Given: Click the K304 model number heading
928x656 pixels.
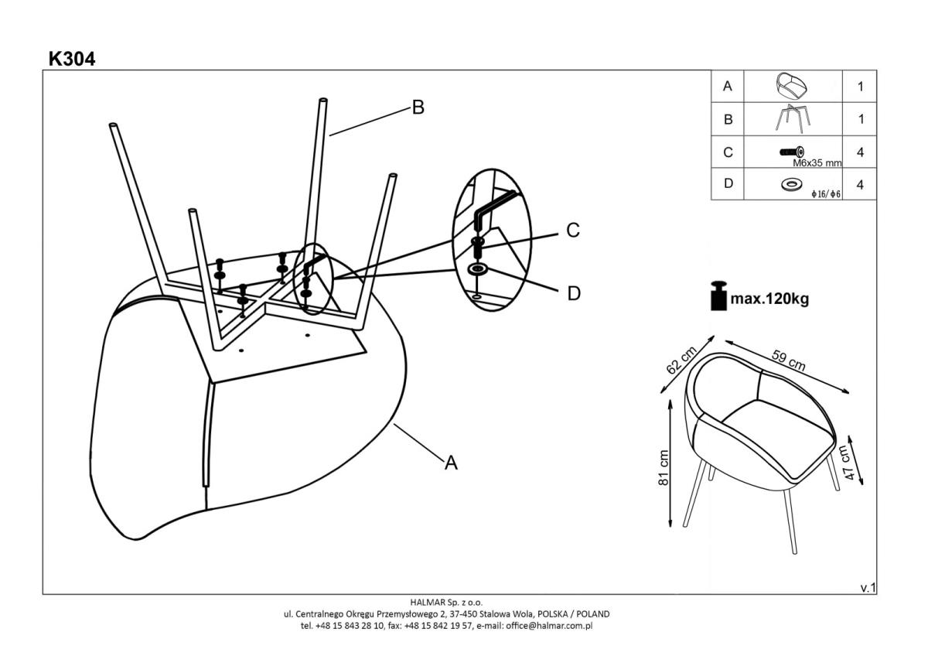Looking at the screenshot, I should pyautogui.click(x=72, y=59).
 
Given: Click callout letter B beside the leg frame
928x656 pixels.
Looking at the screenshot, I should pyautogui.click(x=418, y=108).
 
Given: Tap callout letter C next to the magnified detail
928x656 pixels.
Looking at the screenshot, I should pyautogui.click(x=573, y=231).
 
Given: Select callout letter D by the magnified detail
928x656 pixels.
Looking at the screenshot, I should pyautogui.click(x=574, y=294).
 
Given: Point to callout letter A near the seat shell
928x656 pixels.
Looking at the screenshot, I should pyautogui.click(x=451, y=463).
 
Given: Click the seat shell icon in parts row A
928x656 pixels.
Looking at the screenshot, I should pyautogui.click(x=792, y=86).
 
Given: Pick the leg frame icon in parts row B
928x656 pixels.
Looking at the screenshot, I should pyautogui.click(x=792, y=119).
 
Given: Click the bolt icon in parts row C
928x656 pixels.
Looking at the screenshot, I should pyautogui.click(x=792, y=152).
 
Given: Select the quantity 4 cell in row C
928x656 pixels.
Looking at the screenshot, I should pyautogui.click(x=860, y=152).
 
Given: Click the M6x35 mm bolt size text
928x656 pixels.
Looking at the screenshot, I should pyautogui.click(x=817, y=163).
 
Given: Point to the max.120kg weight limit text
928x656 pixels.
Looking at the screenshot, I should pyautogui.click(x=770, y=298).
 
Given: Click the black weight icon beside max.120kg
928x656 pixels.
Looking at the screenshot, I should pyautogui.click(x=719, y=296).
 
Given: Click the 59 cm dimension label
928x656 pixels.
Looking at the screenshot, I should pyautogui.click(x=788, y=360).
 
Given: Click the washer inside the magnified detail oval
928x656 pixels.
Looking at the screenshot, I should pyautogui.click(x=477, y=270).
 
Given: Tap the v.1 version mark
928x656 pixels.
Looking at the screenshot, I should pyautogui.click(x=868, y=588).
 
